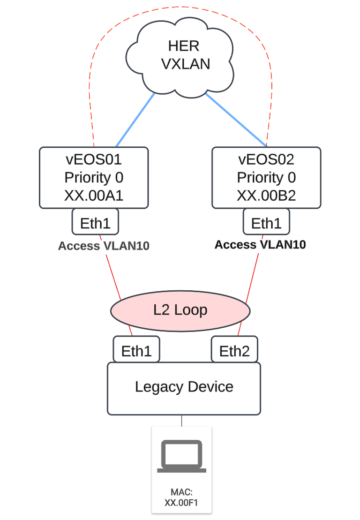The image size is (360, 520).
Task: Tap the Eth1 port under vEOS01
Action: (x=95, y=222)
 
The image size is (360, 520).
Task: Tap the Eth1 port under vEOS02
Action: (x=266, y=222)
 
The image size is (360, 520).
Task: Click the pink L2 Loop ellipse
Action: (x=180, y=310)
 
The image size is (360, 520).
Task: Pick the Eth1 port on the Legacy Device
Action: (x=136, y=350)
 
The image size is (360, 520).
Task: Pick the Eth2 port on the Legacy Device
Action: (x=234, y=350)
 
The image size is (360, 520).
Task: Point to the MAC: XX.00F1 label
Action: (x=181, y=498)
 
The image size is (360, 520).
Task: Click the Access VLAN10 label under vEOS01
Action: (x=104, y=246)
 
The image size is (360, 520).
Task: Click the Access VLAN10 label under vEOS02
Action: (x=260, y=244)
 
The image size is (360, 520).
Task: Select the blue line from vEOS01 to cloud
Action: (x=135, y=120)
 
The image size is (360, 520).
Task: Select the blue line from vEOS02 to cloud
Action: (x=236, y=120)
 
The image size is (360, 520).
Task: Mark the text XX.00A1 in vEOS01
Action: (x=93, y=196)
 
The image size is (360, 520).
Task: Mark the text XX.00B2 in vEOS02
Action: (x=266, y=196)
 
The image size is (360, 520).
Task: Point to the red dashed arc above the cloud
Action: (x=180, y=8)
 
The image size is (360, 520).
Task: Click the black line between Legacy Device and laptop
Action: (x=181, y=421)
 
